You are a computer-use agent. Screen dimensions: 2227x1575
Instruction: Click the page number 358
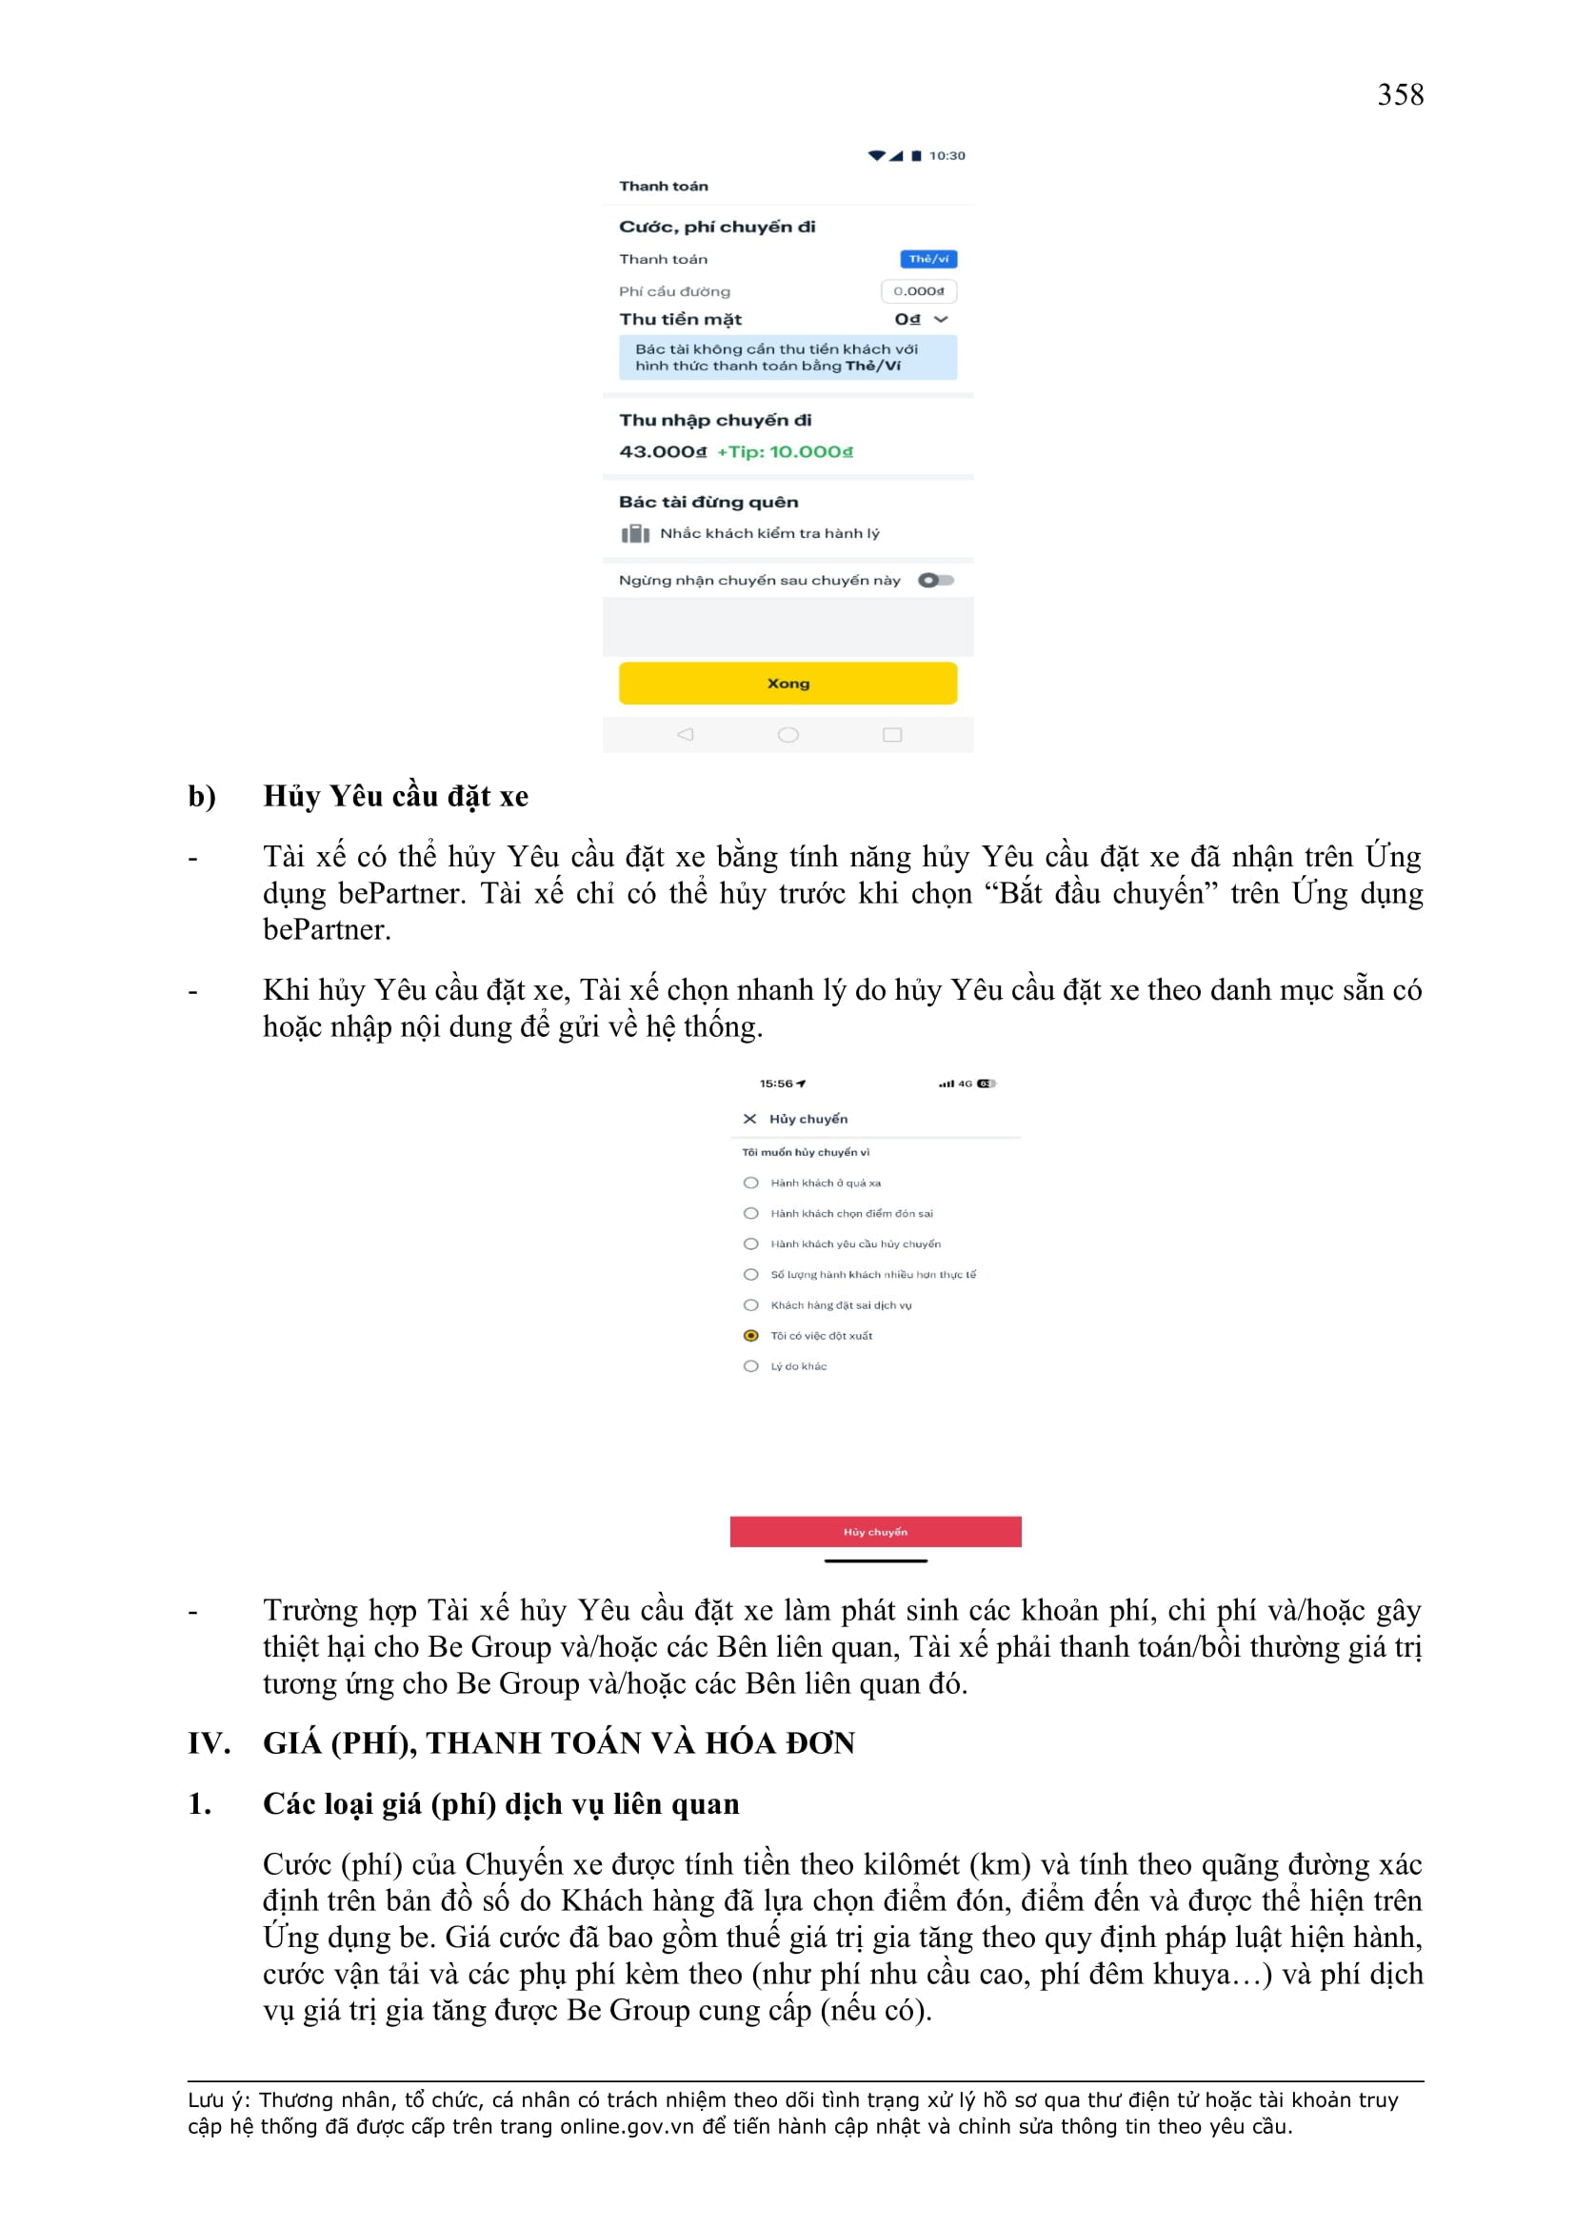point(1400,95)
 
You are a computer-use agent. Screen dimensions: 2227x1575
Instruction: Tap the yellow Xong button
point(787,683)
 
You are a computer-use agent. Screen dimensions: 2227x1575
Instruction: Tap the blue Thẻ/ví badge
point(928,259)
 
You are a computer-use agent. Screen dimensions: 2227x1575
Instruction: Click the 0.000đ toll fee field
point(917,291)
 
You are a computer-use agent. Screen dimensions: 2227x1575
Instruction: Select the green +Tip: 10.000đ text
point(785,452)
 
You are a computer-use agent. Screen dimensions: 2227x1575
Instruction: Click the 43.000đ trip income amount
point(663,452)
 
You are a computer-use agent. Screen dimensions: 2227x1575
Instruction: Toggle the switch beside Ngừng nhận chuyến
point(936,580)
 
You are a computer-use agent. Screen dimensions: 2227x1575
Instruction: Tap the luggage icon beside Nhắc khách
point(635,533)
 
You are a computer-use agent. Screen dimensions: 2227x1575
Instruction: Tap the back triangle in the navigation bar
point(685,734)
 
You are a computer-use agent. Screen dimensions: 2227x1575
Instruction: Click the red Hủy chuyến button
point(875,1532)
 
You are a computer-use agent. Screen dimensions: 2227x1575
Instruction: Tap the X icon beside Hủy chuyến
point(749,1119)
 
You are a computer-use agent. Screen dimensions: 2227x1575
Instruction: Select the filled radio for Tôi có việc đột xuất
point(750,1336)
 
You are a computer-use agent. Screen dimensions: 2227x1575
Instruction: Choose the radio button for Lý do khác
point(750,1365)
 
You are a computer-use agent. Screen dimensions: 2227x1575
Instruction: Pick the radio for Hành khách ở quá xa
point(750,1183)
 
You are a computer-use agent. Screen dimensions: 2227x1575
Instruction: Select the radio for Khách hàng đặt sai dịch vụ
point(750,1304)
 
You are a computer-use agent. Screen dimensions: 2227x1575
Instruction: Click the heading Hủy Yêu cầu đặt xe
point(396,796)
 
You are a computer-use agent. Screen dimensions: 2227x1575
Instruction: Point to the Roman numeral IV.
point(209,1743)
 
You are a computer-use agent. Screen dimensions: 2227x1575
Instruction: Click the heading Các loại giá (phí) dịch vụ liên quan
point(501,1803)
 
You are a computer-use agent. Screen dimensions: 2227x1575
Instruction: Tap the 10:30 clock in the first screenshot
point(947,155)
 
